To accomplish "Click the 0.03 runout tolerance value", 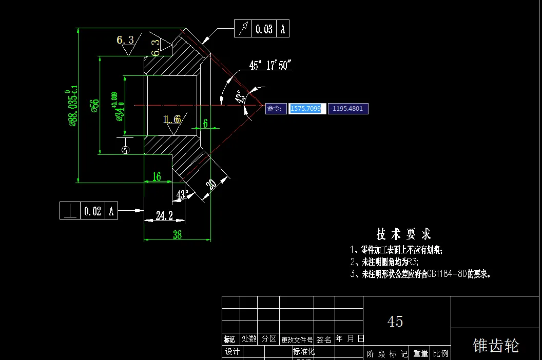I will point(264,29).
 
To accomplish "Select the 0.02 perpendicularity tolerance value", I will point(92,211).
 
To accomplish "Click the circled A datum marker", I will point(125,150).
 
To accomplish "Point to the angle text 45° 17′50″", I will point(270,65).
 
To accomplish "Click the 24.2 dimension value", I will point(164,215).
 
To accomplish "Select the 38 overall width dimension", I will point(177,235).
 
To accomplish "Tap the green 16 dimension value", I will point(157,177).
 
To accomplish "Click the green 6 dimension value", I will point(205,123).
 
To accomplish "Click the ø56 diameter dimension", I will point(94,105).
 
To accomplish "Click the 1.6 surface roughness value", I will point(172,119).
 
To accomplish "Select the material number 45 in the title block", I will point(395,322).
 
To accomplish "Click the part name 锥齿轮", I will point(495,345).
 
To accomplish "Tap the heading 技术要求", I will point(403,234).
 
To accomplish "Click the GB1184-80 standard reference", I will point(447,274).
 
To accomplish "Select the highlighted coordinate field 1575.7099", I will point(306,109).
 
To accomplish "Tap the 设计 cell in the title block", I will point(233,352).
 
